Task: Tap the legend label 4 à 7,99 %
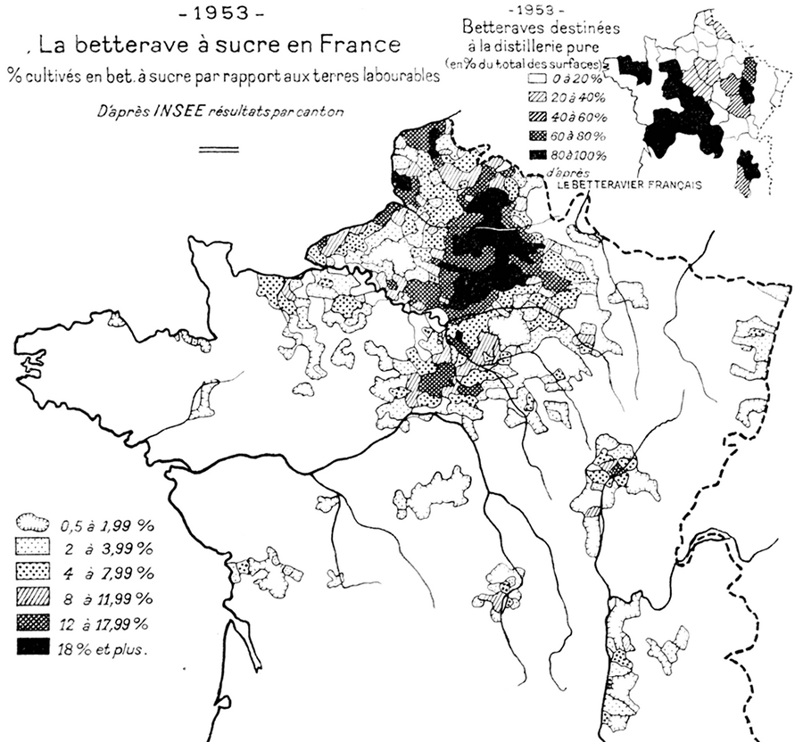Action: (104, 572)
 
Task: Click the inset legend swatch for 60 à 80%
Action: (537, 136)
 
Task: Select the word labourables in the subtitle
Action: (395, 77)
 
